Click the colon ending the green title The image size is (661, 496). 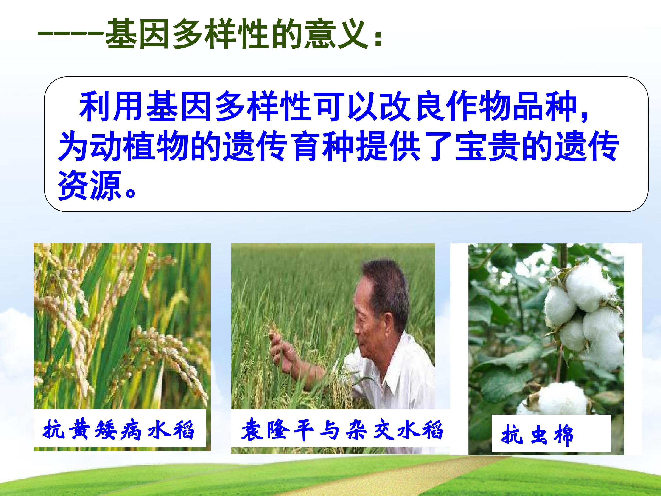click(378, 39)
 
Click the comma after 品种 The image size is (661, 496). click(584, 115)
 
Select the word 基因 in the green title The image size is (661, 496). click(138, 34)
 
